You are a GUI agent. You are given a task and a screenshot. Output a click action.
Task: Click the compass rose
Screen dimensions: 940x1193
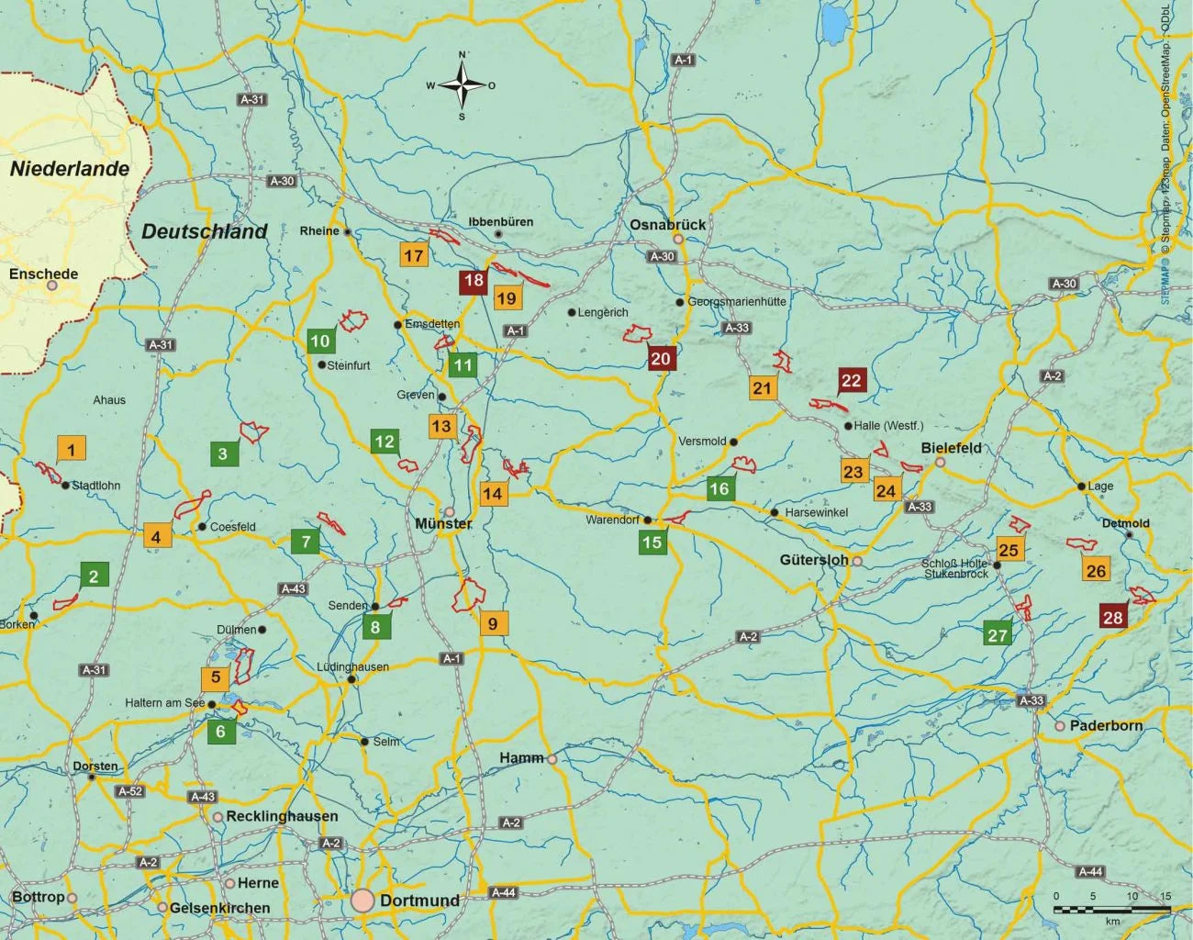tap(463, 85)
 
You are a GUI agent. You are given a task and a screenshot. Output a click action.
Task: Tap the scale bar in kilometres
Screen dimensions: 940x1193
tap(1112, 909)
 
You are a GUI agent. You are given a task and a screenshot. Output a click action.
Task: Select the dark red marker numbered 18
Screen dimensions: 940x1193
tap(474, 281)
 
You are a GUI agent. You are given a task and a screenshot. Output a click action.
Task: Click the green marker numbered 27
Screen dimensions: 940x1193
tap(998, 634)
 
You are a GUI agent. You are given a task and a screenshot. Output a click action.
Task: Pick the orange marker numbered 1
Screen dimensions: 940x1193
tap(71, 449)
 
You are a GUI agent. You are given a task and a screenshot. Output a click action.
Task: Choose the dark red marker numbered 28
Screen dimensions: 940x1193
tap(1113, 617)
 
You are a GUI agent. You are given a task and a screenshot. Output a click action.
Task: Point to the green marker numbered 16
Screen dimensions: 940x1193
tap(719, 488)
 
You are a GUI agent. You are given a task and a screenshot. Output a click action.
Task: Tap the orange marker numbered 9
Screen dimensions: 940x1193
tap(493, 623)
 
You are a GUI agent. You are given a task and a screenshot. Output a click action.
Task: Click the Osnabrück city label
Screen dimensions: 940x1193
tap(667, 224)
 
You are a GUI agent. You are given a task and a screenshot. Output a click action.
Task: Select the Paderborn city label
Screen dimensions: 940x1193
tap(1106, 725)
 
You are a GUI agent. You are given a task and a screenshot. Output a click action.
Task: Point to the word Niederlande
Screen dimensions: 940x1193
tap(70, 169)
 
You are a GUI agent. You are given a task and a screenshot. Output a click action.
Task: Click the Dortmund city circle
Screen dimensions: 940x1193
tap(362, 901)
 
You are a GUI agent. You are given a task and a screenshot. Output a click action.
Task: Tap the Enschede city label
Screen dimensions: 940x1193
tap(43, 274)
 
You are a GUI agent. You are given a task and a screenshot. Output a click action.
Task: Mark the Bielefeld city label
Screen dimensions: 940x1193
tap(951, 448)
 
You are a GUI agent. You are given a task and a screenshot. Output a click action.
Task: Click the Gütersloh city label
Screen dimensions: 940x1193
tap(814, 559)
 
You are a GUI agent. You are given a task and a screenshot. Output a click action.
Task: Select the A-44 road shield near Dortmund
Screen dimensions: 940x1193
tap(503, 892)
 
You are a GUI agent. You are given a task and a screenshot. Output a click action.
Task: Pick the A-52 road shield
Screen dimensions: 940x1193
tap(130, 791)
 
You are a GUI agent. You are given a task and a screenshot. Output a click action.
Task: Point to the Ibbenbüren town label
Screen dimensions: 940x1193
tap(500, 222)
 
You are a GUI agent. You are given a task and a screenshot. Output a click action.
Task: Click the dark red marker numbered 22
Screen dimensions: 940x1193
tap(852, 380)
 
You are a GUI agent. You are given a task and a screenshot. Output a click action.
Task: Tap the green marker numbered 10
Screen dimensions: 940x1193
tap(319, 341)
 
